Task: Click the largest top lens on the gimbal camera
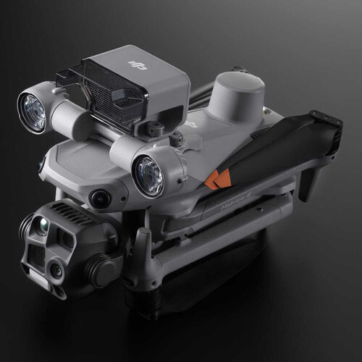click(42, 227)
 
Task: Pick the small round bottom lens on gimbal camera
click(56, 271)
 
